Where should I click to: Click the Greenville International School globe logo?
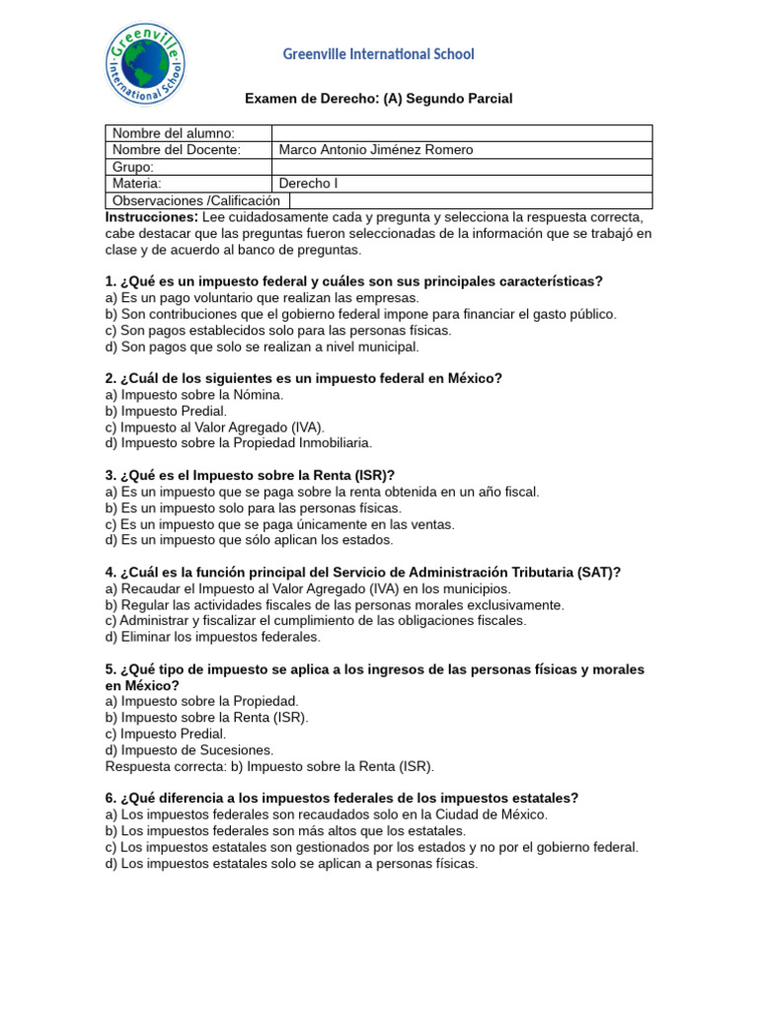[x=145, y=64]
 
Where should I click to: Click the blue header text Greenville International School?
[x=378, y=54]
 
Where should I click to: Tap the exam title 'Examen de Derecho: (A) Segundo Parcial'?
[x=378, y=99]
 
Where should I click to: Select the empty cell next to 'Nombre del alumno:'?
[x=461, y=133]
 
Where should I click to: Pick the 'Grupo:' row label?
[x=133, y=167]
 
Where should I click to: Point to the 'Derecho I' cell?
[x=308, y=184]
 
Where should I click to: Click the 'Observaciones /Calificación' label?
[x=196, y=200]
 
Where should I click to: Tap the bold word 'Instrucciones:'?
[x=152, y=217]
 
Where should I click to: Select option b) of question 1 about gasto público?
[x=360, y=314]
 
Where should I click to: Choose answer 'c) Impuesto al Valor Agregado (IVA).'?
[x=214, y=428]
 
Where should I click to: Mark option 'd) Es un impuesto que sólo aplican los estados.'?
[x=249, y=540]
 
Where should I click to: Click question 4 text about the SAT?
[x=362, y=573]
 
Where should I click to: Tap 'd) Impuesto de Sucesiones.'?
[x=189, y=750]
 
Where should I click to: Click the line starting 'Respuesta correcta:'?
[x=269, y=766]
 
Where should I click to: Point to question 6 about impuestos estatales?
[x=341, y=798]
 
